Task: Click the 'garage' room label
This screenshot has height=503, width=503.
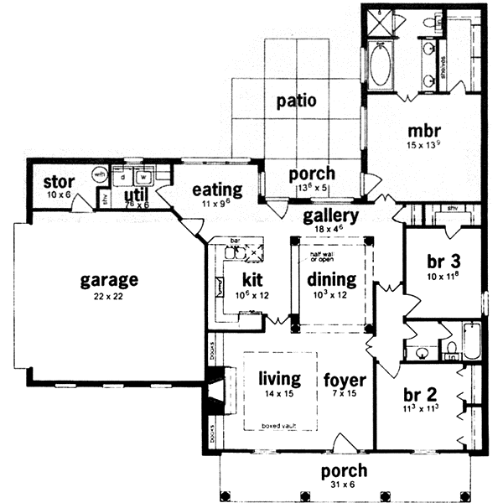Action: coord(109,280)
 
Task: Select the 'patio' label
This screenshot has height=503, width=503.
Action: coord(296,101)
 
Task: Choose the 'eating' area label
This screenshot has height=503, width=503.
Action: coord(217,189)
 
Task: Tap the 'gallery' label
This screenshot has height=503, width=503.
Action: coord(332,216)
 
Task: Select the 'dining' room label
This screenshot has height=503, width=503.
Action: coord(332,279)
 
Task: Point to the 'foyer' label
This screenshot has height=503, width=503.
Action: coord(344,379)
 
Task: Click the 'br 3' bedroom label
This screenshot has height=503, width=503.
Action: coord(443,260)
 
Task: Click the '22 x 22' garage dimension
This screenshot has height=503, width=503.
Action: coord(109,298)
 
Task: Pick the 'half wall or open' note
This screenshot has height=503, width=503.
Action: coord(330,255)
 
